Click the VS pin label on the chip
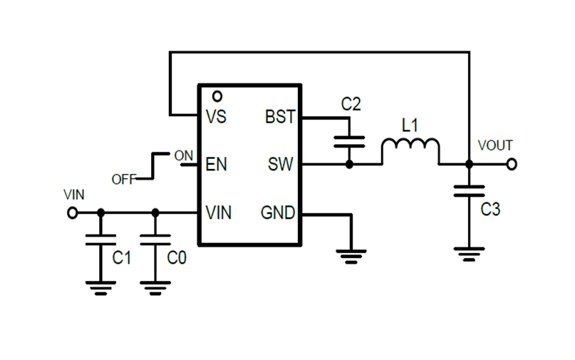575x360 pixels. pyautogui.click(x=215, y=117)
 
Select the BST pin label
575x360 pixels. pyautogui.click(x=280, y=117)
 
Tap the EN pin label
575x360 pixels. pyautogui.click(x=216, y=165)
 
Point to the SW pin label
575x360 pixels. pyautogui.click(x=281, y=165)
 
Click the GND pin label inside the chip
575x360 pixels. pyautogui.click(x=278, y=212)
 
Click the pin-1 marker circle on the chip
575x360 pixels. pyautogui.click(x=217, y=96)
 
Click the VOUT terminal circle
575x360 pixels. pyautogui.click(x=511, y=165)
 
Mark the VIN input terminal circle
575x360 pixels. pyautogui.click(x=72, y=212)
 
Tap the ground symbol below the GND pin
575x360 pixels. pyautogui.click(x=351, y=255)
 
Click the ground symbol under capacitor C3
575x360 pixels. pyautogui.click(x=469, y=254)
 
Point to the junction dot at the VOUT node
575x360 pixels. pyautogui.click(x=469, y=165)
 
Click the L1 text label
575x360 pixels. pyautogui.click(x=410, y=125)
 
